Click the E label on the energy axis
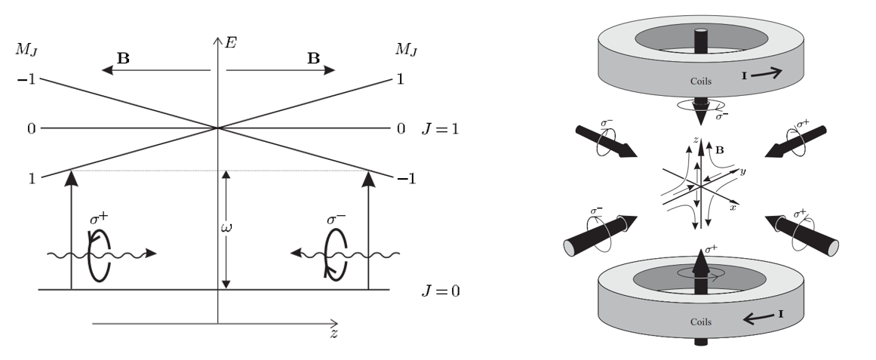coord(230,42)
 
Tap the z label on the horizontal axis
coord(333,334)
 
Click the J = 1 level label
coord(440,129)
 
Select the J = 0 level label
coord(440,291)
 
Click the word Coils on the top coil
coord(701,82)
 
